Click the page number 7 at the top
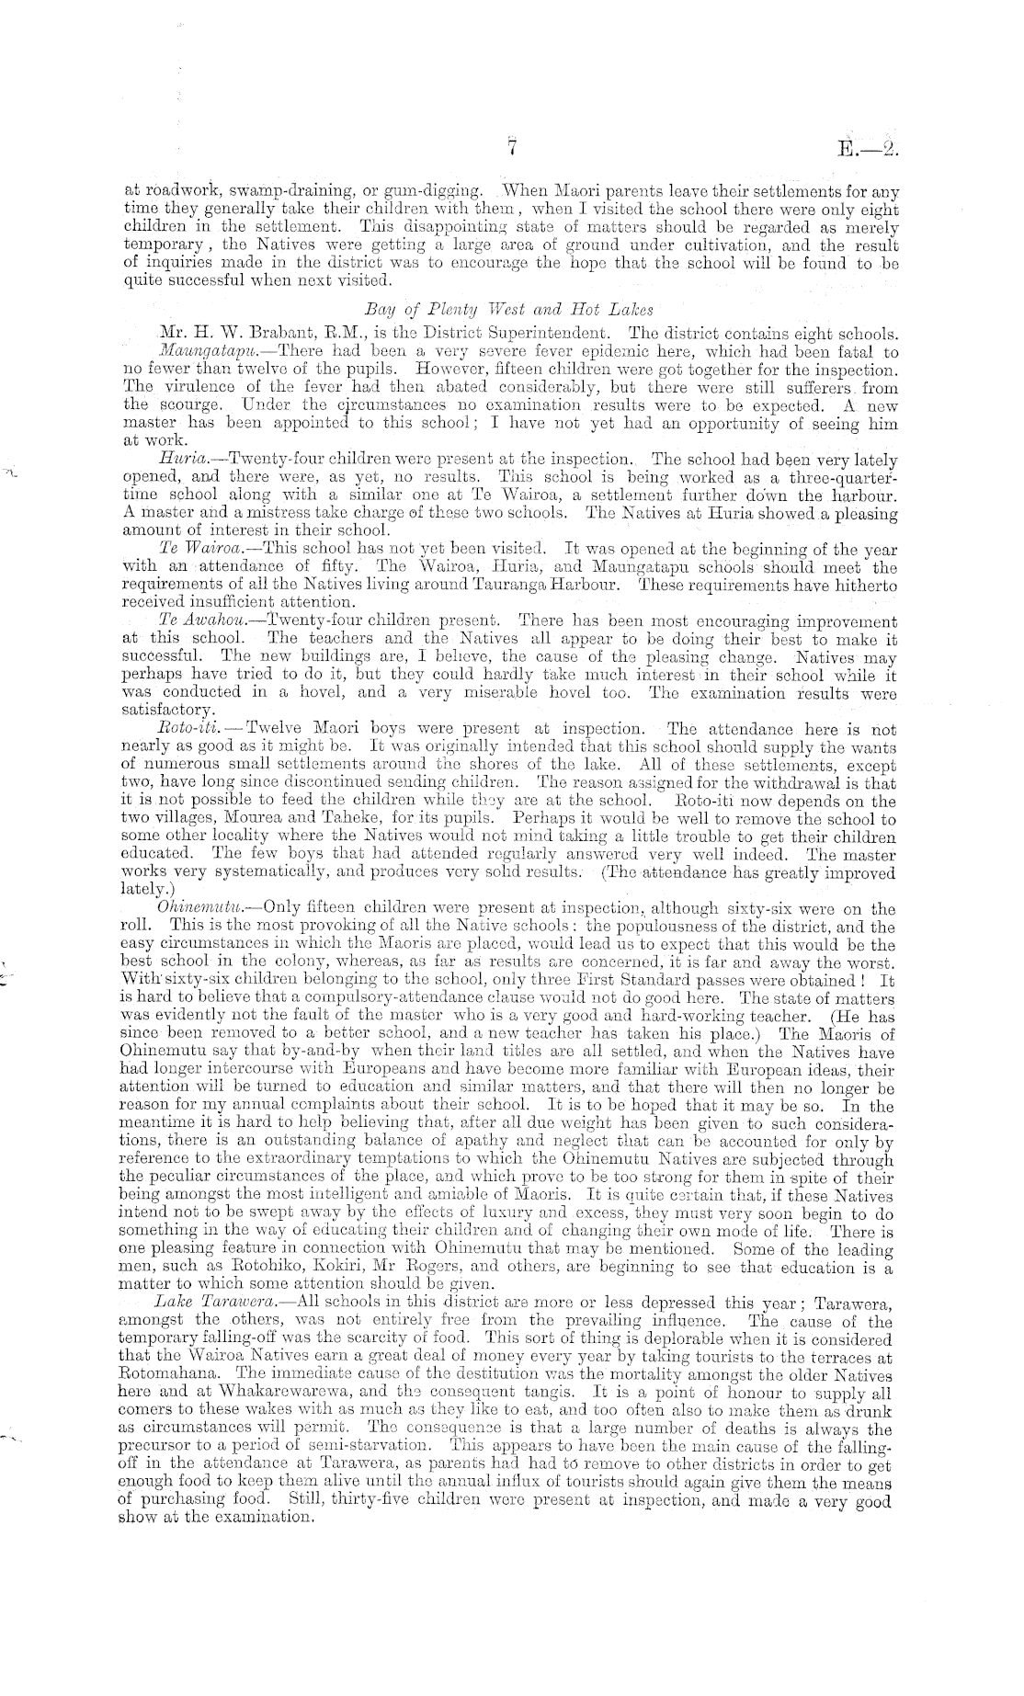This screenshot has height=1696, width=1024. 513,148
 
